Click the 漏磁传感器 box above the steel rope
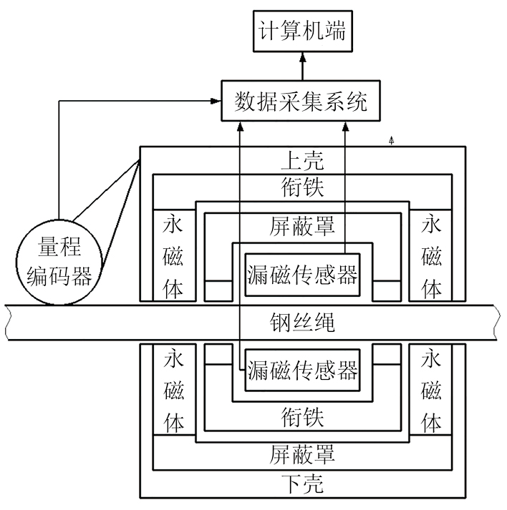pos(301,273)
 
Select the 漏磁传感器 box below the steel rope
pos(301,371)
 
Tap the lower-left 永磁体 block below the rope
pos(174,391)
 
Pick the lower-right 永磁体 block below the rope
pos(431,391)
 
